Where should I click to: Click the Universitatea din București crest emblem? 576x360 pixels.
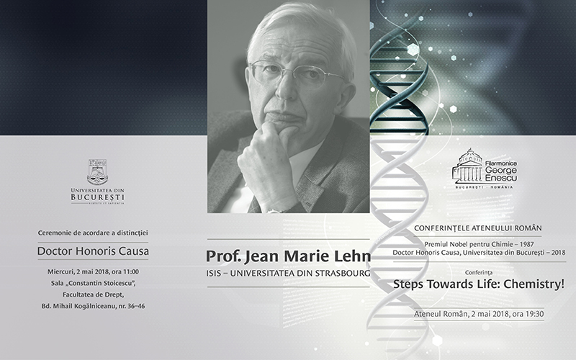(x=97, y=172)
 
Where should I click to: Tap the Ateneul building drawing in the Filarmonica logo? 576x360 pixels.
(x=468, y=166)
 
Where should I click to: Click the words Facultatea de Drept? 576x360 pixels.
(x=94, y=294)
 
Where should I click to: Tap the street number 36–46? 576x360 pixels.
(x=136, y=306)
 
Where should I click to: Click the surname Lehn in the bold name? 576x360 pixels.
(x=354, y=256)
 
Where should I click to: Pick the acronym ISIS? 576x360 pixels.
(x=213, y=274)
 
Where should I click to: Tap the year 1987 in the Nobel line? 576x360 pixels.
(x=527, y=244)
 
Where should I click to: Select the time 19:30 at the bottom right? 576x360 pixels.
(x=534, y=314)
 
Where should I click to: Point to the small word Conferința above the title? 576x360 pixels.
(x=479, y=273)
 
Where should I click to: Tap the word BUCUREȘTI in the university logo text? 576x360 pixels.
(x=98, y=197)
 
